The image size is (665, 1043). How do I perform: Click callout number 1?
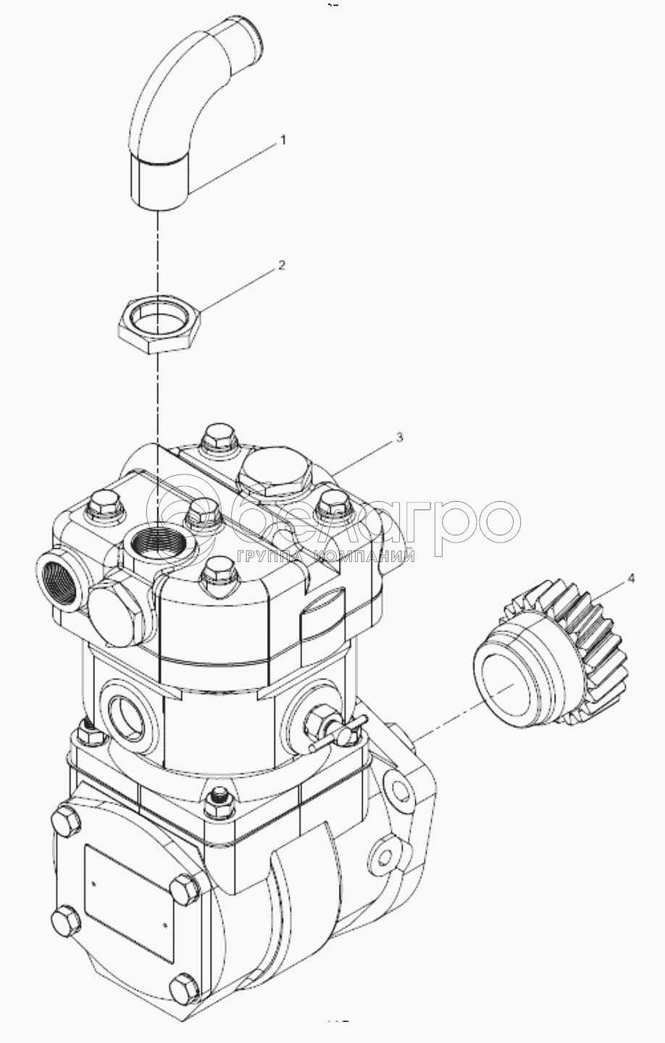click(x=282, y=141)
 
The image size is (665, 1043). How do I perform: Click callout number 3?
click(x=399, y=437)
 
